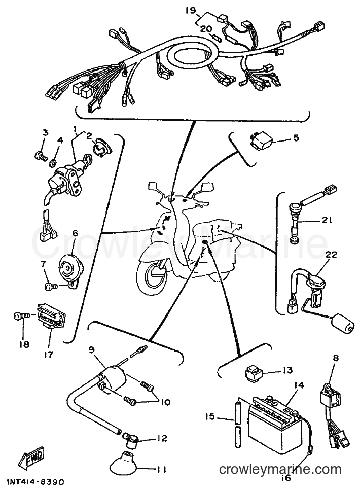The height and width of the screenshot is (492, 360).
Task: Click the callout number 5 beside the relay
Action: tap(296, 137)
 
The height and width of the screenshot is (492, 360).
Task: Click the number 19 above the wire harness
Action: tap(190, 10)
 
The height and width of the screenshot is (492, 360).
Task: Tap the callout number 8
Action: tap(336, 358)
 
